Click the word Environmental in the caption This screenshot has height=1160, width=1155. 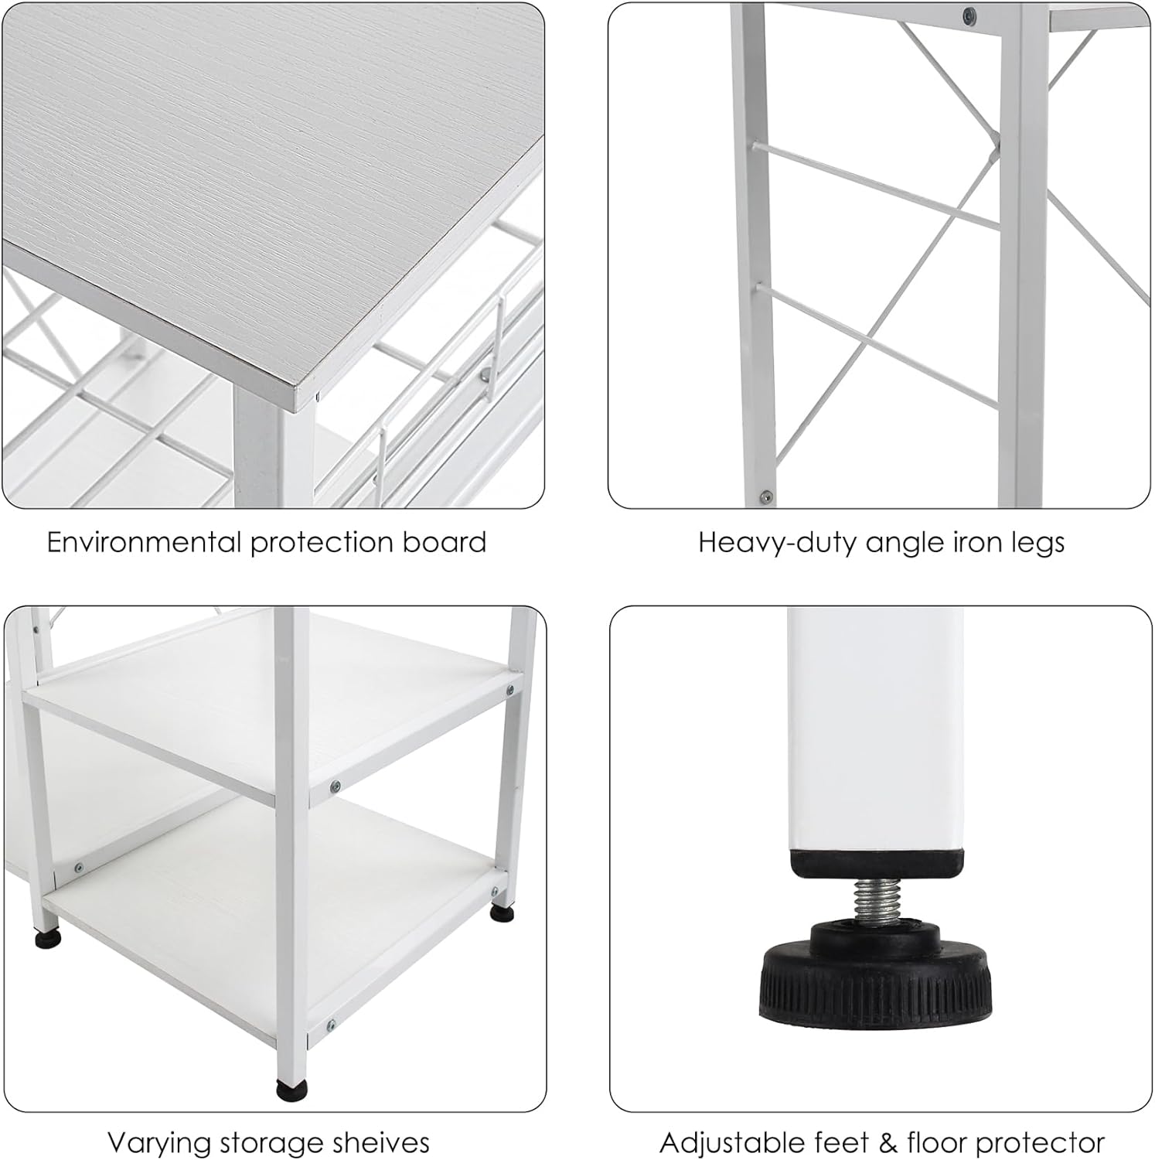pos(143,542)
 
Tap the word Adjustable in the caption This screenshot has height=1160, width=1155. pos(731,1143)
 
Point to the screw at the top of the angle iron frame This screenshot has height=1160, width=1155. pos(967,14)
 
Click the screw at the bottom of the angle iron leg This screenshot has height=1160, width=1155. pos(765,496)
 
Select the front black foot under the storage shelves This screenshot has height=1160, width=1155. pos(291,1089)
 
